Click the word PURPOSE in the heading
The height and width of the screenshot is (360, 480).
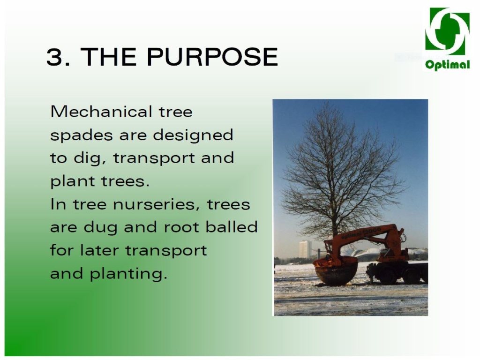point(212,57)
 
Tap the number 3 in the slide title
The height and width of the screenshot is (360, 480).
point(55,57)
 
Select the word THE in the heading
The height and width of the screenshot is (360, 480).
point(108,57)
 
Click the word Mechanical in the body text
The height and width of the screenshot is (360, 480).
point(101,112)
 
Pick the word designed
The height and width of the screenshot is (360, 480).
point(193,135)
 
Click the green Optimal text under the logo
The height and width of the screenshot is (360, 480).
point(447,64)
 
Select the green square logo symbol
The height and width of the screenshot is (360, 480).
point(447,31)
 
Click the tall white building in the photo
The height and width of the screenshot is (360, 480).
point(305,249)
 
